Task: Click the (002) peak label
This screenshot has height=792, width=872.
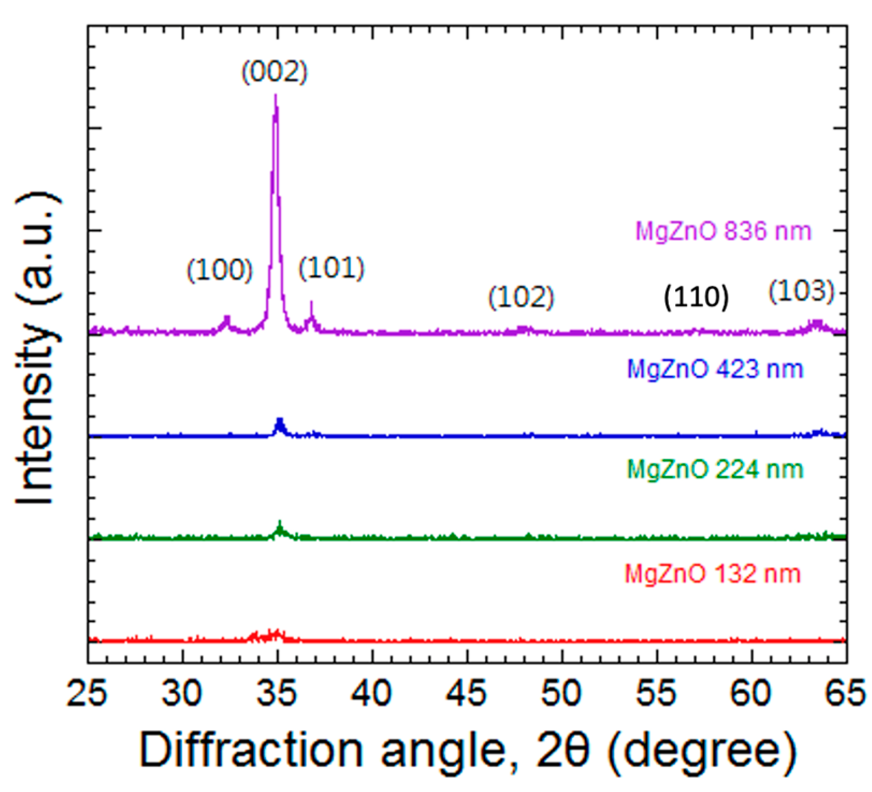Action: pyautogui.click(x=274, y=72)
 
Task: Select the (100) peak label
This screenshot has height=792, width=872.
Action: pyautogui.click(x=220, y=270)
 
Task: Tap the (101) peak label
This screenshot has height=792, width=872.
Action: pyautogui.click(x=332, y=268)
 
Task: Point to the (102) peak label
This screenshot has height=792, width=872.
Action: pyautogui.click(x=521, y=297)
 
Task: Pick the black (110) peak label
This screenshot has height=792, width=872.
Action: pyautogui.click(x=696, y=297)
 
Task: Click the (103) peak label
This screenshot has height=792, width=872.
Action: pyautogui.click(x=801, y=292)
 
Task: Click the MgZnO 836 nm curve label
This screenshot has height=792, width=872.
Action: pyautogui.click(x=723, y=232)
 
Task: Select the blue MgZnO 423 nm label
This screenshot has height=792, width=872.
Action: pyautogui.click(x=715, y=370)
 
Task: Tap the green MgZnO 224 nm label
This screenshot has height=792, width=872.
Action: pyautogui.click(x=715, y=470)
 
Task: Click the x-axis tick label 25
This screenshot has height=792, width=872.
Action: pyautogui.click(x=87, y=694)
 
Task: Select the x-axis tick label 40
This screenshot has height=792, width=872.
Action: pyautogui.click(x=372, y=694)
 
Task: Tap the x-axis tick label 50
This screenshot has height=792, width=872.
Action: pyautogui.click(x=562, y=694)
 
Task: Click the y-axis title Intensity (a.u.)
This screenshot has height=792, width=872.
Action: pyautogui.click(x=38, y=348)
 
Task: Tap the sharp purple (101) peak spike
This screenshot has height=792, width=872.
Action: pyautogui.click(x=311, y=308)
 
